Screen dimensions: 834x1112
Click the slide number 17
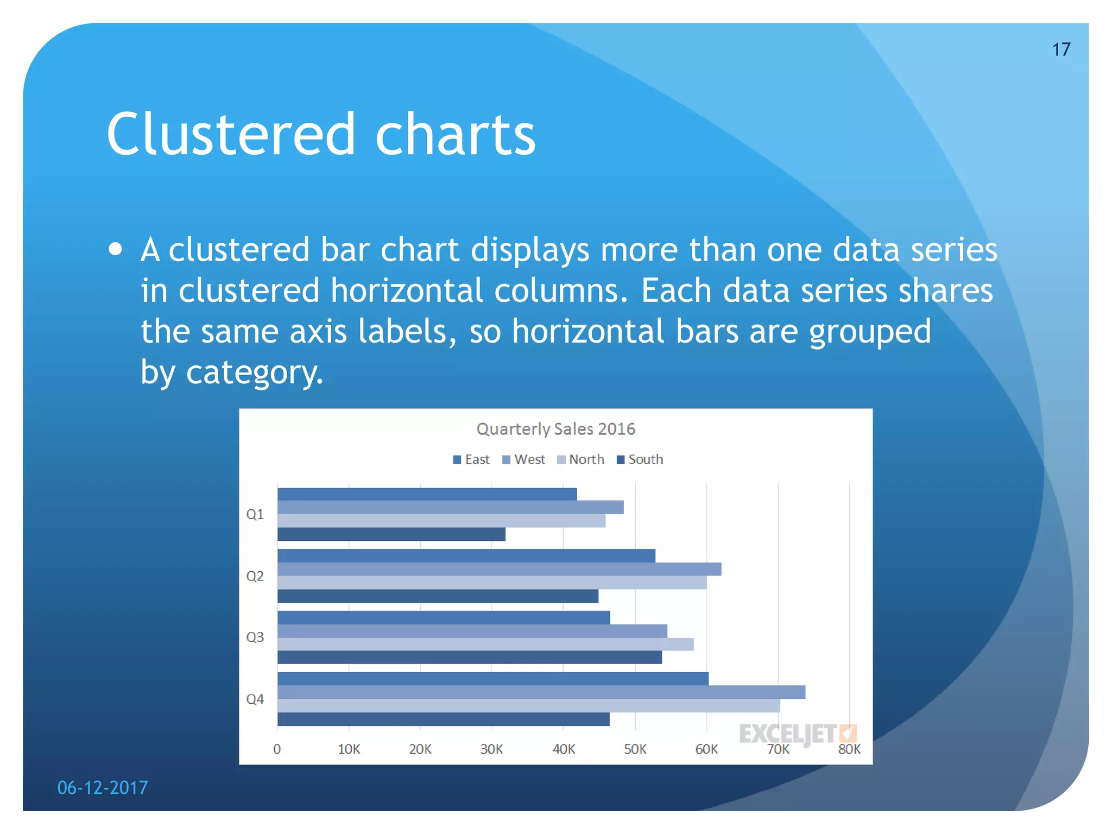pos(1061,49)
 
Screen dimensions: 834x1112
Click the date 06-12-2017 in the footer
pos(103,787)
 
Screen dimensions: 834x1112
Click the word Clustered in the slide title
pos(231,134)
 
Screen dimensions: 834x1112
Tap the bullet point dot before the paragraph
pos(115,249)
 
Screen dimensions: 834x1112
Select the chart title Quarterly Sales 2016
pos(555,429)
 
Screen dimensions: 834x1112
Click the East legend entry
pos(471,459)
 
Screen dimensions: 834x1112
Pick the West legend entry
pos(523,459)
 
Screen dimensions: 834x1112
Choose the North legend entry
pos(580,459)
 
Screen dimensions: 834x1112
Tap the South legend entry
pos(640,459)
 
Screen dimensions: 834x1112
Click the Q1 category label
pos(255,514)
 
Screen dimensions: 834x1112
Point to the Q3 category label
pos(255,637)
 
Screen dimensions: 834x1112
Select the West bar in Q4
pos(541,692)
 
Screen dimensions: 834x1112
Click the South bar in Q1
pos(391,534)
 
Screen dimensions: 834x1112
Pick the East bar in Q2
pos(466,555)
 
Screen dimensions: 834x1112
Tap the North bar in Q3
pos(485,644)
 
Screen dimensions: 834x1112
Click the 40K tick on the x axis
pos(564,749)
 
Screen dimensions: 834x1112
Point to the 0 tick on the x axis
pos(277,749)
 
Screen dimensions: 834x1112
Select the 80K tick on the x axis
pos(849,749)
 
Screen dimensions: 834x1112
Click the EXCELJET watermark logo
pos(797,734)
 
